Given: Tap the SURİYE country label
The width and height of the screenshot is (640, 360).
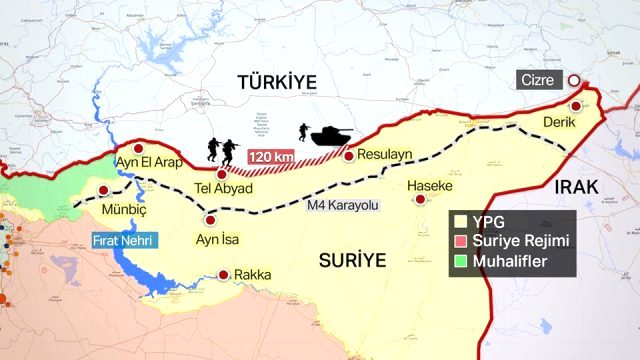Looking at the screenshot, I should click(351, 259).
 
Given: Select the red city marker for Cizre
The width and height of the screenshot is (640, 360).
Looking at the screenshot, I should click(575, 81).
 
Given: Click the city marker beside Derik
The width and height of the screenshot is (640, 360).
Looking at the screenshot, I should click(575, 107).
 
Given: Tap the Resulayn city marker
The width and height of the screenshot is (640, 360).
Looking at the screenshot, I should click(348, 156).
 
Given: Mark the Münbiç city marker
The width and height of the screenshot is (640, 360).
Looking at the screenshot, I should click(102, 191).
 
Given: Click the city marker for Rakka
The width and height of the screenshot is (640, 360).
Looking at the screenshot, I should click(223, 274).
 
